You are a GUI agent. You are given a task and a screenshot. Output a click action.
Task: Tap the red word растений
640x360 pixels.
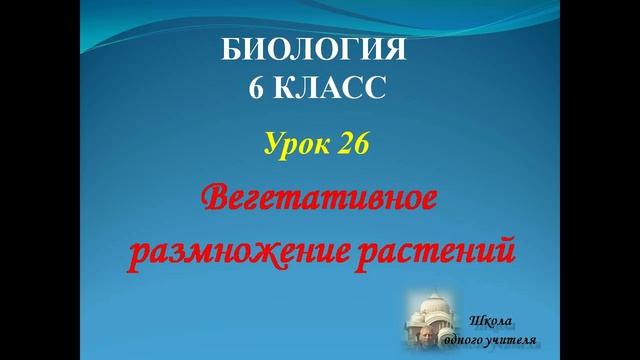pos(446,251)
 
